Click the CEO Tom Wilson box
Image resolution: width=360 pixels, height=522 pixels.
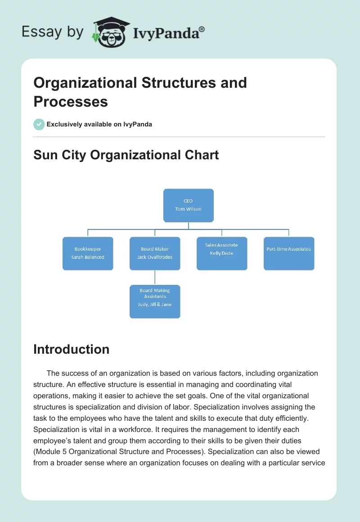(x=188, y=205)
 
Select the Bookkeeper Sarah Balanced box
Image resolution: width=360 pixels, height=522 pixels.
(x=88, y=253)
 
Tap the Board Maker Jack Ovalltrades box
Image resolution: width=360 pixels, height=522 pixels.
(x=155, y=253)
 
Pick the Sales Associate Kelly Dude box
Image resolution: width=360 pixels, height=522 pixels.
(x=221, y=253)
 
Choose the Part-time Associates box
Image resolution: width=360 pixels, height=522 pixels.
(x=289, y=253)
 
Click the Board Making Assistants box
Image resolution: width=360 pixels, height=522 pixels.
(x=155, y=301)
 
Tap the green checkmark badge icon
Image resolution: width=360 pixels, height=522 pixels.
(x=39, y=124)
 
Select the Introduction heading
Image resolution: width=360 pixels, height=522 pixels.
(x=72, y=349)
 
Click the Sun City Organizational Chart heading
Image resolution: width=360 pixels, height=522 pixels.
(x=126, y=155)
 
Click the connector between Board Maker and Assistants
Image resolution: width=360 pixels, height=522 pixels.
(x=155, y=277)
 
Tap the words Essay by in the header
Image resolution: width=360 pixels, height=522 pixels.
(x=53, y=31)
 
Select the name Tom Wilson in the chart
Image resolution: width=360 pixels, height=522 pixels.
(x=188, y=209)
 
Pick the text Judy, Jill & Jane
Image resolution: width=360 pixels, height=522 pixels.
(x=155, y=305)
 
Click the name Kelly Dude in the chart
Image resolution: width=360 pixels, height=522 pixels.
(x=221, y=253)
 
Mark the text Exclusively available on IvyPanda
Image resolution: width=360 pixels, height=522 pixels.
(x=99, y=124)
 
